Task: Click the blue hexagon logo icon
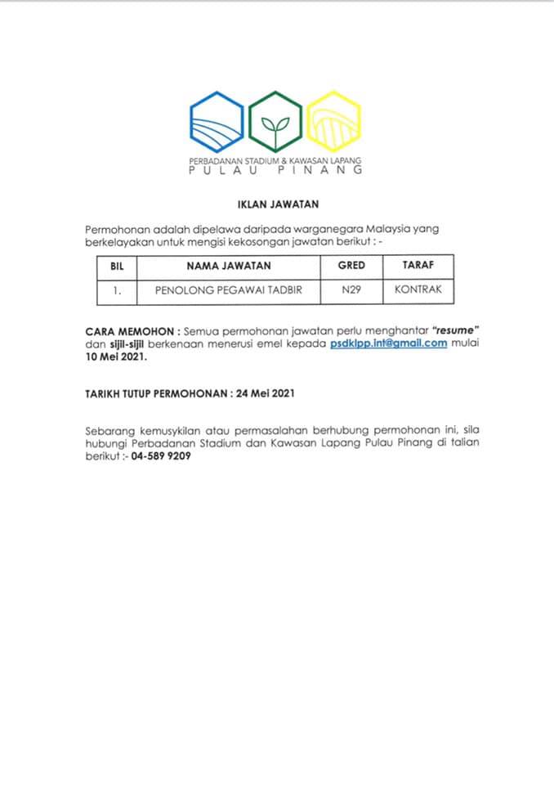217,122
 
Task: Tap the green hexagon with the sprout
275,122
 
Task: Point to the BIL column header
116,266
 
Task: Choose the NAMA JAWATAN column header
228,266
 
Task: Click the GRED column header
351,266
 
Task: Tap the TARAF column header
418,266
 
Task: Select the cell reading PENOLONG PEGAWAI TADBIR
228,290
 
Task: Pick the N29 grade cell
351,290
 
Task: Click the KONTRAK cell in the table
418,290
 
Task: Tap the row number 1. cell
116,290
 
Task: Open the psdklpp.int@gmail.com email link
389,343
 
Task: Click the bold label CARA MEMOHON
131,330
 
